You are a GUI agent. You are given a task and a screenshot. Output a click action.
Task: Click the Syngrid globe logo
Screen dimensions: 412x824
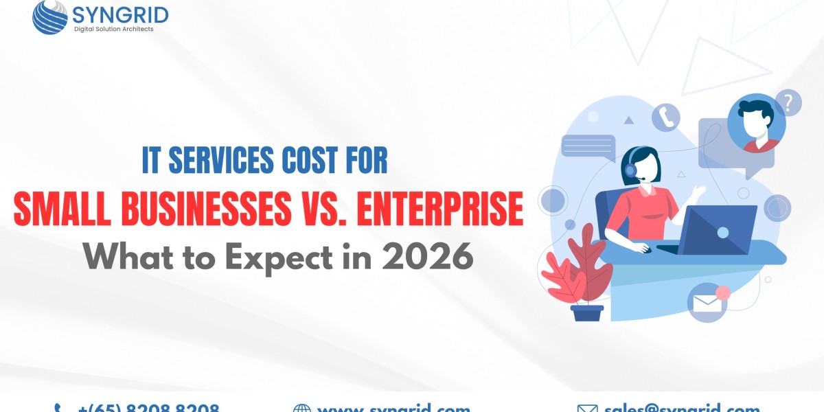49,16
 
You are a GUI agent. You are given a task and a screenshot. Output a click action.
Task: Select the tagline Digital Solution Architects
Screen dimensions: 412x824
114,29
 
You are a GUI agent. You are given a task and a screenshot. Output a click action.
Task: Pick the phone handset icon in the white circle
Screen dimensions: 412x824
665,117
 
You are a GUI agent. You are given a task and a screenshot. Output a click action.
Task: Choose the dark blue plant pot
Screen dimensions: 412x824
587,312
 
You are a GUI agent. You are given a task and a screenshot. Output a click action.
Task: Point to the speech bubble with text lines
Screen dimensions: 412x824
588,146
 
